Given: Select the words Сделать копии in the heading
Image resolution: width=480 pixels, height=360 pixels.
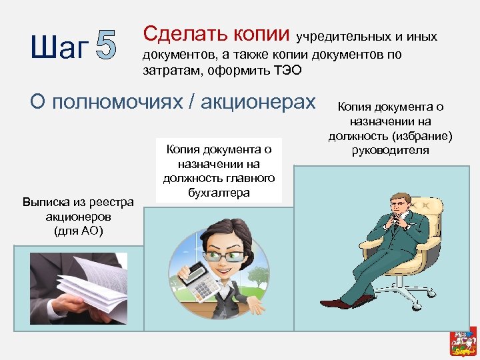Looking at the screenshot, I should (217, 33).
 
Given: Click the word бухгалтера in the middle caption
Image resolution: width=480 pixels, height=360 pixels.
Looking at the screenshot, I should (219, 193).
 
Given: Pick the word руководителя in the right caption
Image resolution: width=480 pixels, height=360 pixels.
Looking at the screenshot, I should (391, 150).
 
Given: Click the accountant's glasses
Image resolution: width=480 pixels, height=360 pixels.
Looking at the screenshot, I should (223, 256).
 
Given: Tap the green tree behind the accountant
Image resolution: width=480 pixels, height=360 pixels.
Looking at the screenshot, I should (255, 275).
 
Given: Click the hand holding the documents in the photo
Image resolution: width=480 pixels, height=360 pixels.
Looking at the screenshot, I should (63, 303).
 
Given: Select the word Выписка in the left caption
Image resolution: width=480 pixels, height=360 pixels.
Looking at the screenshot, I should (45, 201).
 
